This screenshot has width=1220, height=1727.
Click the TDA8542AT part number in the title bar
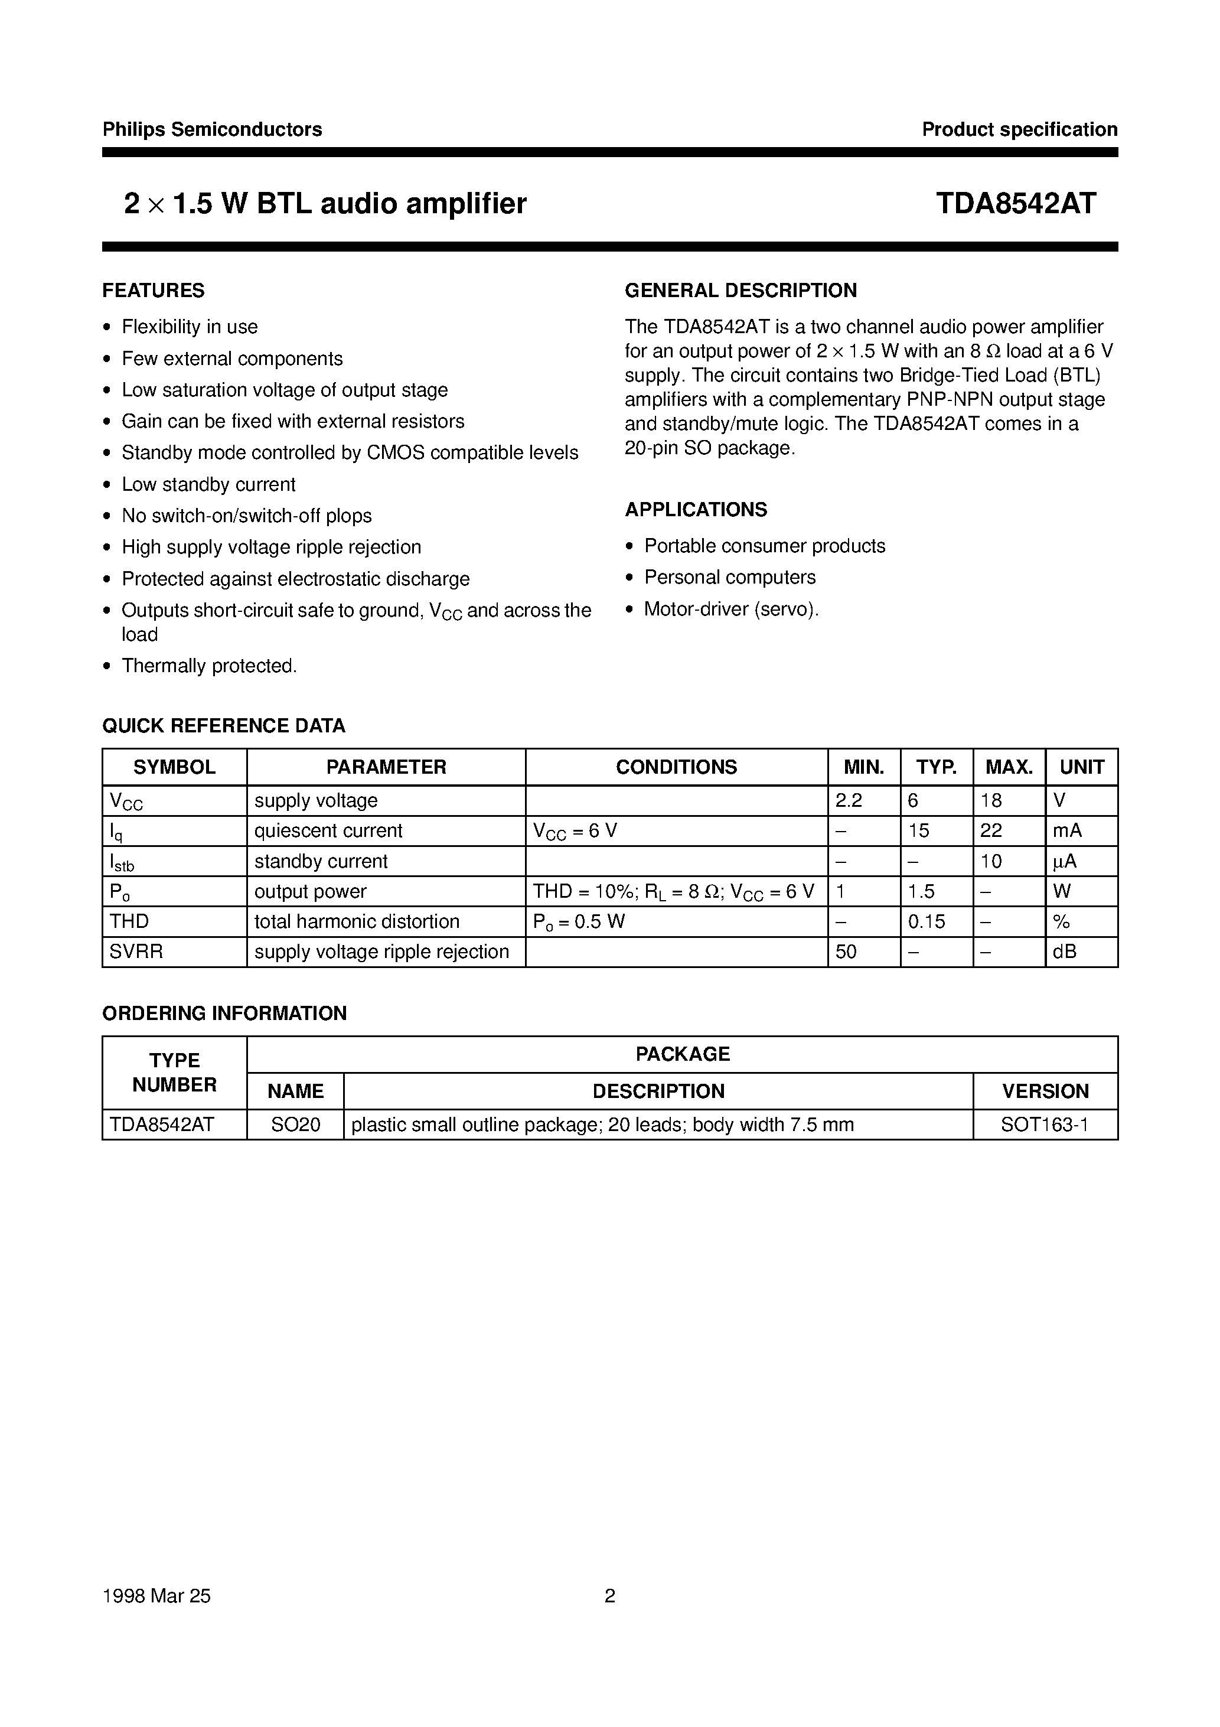click(x=1016, y=204)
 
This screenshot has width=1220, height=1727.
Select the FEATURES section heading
click(x=154, y=291)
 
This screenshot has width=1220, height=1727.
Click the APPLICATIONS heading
click(x=696, y=509)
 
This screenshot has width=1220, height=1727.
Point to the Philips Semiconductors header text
click(x=212, y=129)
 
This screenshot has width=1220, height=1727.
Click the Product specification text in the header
click(x=1019, y=129)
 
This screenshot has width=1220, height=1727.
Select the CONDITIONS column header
click(x=676, y=767)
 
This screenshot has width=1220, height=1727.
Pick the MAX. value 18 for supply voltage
click(x=991, y=800)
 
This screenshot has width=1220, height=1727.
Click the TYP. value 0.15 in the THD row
click(x=926, y=921)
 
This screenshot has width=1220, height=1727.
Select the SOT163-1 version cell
click(x=1045, y=1125)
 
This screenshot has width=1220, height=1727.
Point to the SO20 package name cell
click(x=296, y=1125)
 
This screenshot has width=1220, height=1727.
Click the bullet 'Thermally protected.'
click(x=209, y=666)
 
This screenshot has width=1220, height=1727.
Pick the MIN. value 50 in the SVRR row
click(x=846, y=952)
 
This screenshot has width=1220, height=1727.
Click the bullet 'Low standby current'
click(x=208, y=484)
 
